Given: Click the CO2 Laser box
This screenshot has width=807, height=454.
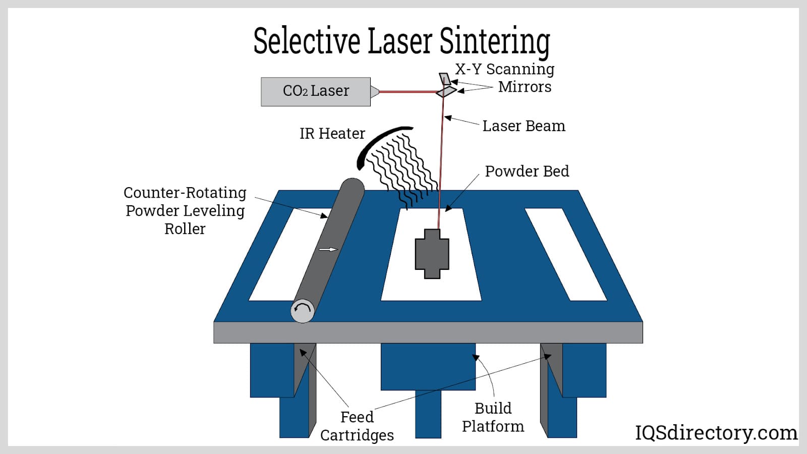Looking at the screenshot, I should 316,91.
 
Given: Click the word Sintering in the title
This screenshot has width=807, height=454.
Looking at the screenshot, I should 494,41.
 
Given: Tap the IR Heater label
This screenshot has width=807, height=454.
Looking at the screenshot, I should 332,134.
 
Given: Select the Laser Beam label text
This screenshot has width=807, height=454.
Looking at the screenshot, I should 524,126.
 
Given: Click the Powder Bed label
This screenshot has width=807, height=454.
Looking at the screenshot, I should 527,172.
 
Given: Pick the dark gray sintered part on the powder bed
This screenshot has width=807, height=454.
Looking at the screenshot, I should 432,254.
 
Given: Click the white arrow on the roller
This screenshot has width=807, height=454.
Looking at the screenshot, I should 328,249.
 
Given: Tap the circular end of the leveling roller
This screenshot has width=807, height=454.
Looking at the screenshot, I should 303,311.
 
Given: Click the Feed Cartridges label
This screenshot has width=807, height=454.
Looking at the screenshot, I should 357,426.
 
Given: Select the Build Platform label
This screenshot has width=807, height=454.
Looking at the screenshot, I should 493,417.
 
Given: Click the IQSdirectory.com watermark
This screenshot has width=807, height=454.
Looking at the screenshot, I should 716,433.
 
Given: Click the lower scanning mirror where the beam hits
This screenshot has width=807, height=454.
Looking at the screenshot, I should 445,91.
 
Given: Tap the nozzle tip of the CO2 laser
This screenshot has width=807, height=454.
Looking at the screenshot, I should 375,92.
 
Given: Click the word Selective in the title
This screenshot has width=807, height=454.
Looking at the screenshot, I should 307,41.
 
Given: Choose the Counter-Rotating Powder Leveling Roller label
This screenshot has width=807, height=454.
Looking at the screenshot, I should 185,210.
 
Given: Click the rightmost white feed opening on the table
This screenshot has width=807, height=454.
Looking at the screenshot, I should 565,254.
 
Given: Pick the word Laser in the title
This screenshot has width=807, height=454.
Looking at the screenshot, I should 400,41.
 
